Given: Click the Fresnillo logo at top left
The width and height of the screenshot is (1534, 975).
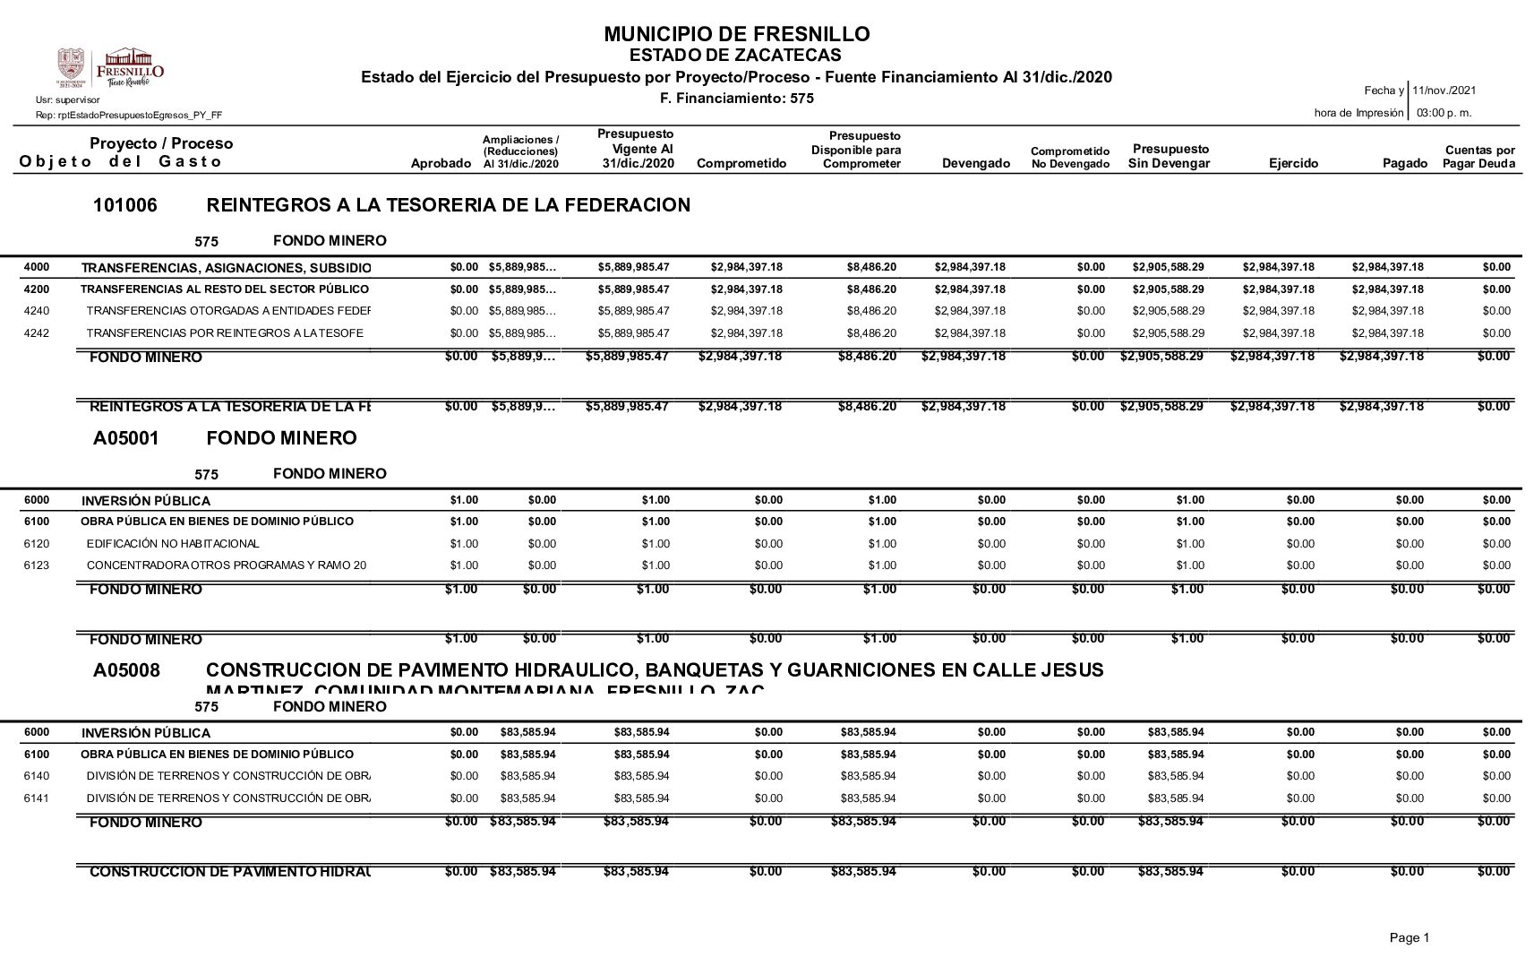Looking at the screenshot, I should coord(111,67).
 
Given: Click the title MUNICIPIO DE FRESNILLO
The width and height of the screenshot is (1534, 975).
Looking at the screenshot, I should coord(736,34).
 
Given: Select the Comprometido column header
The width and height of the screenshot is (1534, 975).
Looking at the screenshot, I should coord(741,163).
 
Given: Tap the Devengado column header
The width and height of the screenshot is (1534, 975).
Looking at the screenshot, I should coord(975,163).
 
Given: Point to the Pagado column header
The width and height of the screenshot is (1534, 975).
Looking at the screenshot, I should coord(1404,163).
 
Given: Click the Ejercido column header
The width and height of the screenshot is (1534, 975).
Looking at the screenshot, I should coord(1293,163).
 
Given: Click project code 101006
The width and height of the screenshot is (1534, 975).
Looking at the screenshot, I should coord(124,205).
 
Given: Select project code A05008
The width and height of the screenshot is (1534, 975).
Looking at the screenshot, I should coord(126,670).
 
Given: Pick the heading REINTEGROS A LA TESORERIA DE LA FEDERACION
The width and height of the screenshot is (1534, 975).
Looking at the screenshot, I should coord(448,205).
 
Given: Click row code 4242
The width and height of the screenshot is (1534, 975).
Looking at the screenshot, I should coord(36,333).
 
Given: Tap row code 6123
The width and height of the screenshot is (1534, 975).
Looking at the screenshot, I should coord(36,565).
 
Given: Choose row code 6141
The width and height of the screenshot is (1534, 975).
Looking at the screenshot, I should coord(36,798).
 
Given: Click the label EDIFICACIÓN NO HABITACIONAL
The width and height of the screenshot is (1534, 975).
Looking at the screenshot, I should coord(173,544).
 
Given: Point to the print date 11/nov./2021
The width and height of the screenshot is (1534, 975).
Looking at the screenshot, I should coord(1444,91).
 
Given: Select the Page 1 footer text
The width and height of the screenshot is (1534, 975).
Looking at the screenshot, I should coord(1409,937).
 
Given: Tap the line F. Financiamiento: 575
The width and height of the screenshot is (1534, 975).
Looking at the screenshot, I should coord(736,98).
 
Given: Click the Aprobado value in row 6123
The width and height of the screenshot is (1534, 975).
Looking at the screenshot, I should coord(464,565).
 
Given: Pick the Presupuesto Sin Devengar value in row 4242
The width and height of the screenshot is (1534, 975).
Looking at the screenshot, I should coord(1168,333).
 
